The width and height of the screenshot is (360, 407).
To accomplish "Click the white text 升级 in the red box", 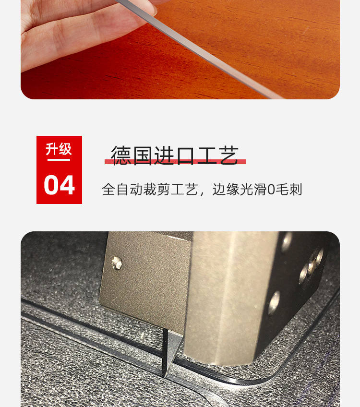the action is [x=59, y=149].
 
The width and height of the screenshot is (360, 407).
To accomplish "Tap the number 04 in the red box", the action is [x=59, y=185].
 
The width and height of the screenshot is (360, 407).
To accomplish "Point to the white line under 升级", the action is [x=59, y=160].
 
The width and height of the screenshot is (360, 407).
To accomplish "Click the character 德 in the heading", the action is [x=121, y=155].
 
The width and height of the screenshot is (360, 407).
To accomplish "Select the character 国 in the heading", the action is [x=143, y=155].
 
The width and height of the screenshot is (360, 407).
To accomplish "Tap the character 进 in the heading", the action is [x=164, y=155].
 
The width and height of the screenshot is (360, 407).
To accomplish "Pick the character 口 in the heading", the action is [x=186, y=156].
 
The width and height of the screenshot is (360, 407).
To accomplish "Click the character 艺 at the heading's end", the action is [x=228, y=155].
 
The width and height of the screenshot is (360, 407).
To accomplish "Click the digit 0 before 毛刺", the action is [x=271, y=190].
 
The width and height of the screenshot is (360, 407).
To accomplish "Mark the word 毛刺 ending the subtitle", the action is [x=288, y=189].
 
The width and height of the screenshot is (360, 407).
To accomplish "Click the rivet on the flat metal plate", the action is [x=117, y=263].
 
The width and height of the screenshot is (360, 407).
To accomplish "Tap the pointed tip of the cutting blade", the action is [x=165, y=376].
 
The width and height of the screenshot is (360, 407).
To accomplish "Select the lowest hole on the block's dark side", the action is [x=274, y=302].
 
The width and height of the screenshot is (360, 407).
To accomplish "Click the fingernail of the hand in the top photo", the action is [x=151, y=10].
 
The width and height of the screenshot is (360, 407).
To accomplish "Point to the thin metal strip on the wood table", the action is [x=200, y=49].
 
